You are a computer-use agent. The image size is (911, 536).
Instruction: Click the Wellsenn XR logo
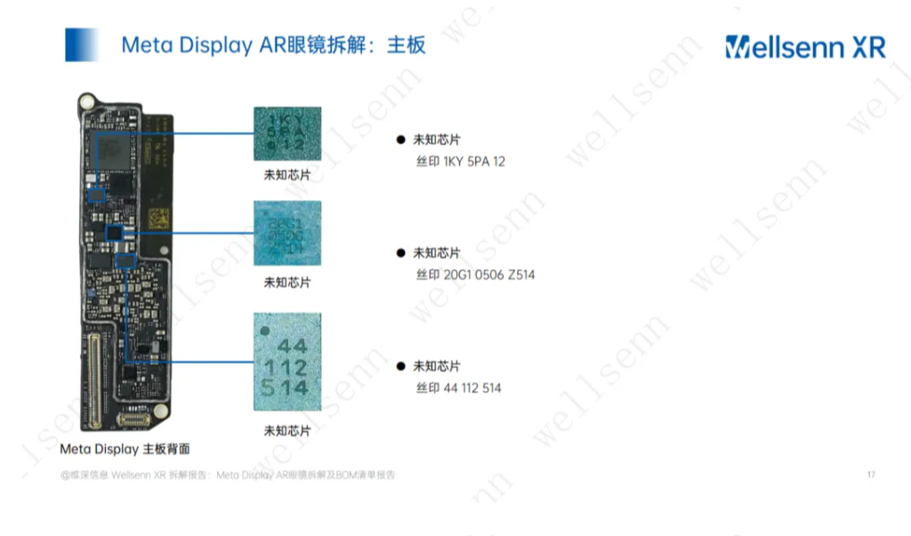805,47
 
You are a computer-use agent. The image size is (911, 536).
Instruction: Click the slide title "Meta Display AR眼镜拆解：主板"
273,45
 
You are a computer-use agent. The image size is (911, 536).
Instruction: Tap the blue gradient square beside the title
81,45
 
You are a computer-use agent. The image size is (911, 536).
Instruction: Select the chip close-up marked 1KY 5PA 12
287,133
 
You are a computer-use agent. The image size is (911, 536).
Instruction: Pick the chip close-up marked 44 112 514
287,365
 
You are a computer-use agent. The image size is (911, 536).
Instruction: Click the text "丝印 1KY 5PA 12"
460,162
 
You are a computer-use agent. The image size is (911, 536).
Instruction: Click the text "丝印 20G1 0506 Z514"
475,275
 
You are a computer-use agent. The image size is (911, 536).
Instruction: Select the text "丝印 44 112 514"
458,388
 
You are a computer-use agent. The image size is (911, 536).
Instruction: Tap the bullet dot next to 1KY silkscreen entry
400,140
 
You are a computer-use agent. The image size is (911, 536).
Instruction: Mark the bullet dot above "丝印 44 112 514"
400,365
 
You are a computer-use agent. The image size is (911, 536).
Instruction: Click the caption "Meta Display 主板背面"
125,449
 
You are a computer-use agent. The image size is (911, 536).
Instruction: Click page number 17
870,475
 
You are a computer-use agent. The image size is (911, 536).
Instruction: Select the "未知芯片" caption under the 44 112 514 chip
287,430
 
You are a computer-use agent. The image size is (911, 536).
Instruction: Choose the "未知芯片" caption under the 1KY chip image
287,175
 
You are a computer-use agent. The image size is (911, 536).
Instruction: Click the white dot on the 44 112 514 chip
264,332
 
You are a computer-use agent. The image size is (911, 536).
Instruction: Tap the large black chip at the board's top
117,144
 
